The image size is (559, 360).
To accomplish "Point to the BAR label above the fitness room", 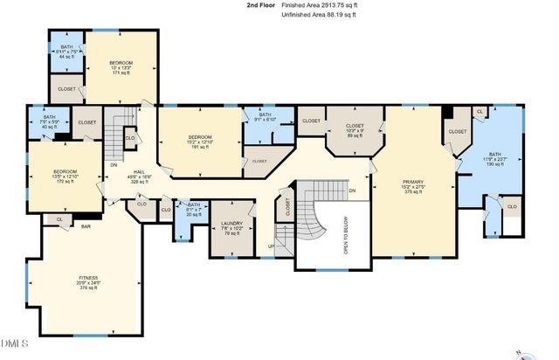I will pos(86,226).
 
